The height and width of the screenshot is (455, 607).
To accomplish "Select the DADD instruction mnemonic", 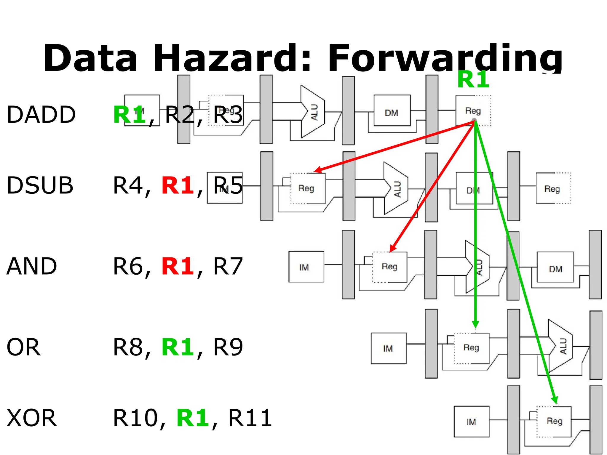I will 41,115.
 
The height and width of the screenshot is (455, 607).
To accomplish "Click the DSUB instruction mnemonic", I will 40,186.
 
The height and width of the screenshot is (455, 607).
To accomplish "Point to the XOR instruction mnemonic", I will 31,418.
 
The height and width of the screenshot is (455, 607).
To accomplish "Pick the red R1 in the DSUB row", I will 178,186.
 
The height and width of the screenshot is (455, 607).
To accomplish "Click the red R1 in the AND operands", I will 178,266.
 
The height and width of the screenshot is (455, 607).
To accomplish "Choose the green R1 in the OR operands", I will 178,347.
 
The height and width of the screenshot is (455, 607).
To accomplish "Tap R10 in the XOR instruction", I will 135,418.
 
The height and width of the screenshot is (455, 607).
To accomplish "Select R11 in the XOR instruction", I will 250,418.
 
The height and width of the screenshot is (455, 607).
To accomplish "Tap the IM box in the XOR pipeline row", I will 471,421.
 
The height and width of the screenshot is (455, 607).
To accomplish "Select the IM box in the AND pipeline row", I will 306,267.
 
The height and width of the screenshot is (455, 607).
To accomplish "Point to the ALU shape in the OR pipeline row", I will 560,346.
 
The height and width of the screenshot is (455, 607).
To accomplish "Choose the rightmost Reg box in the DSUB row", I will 553,188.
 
